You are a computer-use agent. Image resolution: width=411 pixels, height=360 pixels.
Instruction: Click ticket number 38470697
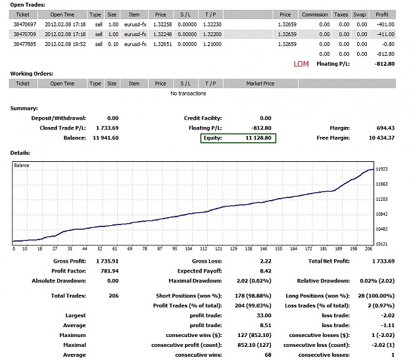click(24, 24)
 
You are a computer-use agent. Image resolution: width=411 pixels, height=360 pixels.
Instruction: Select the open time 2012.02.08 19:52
click(65, 44)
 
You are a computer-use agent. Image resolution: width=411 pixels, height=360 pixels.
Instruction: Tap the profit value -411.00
click(385, 34)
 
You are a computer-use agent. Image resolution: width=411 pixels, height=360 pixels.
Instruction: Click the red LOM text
click(301, 64)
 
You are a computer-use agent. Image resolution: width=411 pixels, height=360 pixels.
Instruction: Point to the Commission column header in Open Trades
click(314, 14)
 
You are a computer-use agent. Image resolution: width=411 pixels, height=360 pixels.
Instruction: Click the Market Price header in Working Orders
click(260, 84)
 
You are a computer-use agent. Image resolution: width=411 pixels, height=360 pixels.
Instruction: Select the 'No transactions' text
click(188, 93)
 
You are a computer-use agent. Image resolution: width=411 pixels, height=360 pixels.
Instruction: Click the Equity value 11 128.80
click(258, 138)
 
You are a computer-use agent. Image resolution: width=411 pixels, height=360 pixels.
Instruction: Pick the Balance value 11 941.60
click(106, 138)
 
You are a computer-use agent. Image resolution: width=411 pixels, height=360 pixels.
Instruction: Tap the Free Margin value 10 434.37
click(381, 138)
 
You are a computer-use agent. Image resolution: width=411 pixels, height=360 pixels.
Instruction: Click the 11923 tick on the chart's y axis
click(381, 169)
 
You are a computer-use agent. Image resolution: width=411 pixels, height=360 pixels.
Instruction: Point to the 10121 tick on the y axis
click(381, 244)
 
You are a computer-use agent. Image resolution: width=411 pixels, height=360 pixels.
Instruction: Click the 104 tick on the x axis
click(189, 249)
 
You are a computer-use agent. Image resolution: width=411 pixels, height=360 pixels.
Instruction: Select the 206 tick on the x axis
click(368, 249)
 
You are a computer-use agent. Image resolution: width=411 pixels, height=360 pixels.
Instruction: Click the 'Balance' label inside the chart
click(22, 165)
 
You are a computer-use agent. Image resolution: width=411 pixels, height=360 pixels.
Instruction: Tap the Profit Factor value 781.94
click(110, 271)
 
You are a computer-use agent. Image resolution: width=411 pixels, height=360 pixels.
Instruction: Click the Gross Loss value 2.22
click(266, 261)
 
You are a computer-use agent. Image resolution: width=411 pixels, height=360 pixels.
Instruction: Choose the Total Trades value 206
click(114, 296)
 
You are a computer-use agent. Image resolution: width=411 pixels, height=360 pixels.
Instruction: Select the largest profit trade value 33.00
click(264, 316)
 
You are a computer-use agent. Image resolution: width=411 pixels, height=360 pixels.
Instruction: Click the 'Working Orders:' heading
click(32, 74)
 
